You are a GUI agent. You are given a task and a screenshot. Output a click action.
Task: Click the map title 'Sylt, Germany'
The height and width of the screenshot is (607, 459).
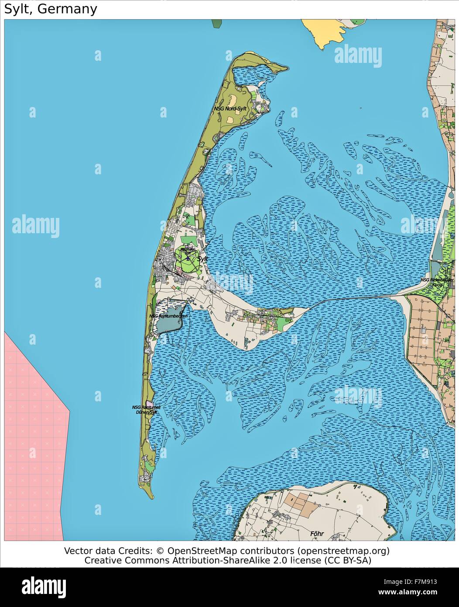tap(51, 9)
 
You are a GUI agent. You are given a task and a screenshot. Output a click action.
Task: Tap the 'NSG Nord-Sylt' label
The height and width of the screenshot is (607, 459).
tap(230, 108)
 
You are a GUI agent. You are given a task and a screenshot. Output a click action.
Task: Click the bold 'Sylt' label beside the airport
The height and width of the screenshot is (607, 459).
tap(203, 259)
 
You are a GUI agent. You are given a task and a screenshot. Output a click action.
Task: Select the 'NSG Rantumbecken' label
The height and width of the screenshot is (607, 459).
tap(168, 316)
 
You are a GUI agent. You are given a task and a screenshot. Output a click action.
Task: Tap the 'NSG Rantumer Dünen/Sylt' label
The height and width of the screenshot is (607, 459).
tap(146, 410)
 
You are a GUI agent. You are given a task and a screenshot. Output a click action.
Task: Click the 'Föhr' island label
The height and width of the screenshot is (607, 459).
tap(318, 533)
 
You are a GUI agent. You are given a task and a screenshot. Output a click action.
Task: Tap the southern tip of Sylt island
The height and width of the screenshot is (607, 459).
tap(151, 497)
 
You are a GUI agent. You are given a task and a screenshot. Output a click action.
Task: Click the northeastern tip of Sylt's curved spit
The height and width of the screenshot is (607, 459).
tap(286, 68)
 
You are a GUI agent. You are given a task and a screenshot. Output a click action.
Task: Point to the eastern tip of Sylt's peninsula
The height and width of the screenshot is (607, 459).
tap(308, 308)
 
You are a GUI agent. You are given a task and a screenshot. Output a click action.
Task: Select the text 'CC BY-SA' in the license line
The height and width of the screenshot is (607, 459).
tap(350, 560)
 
